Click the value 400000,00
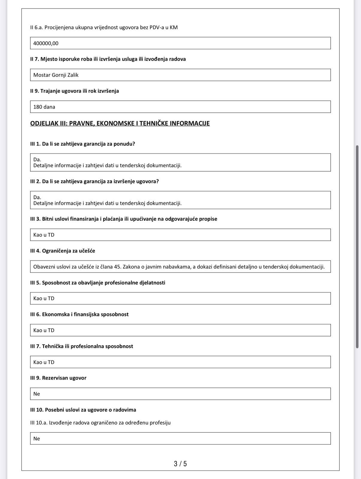46,43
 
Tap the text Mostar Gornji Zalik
56,75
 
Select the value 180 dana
44,107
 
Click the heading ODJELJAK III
120,123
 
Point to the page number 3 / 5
180,464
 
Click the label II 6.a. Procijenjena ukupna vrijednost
104,28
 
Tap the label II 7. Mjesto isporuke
108,59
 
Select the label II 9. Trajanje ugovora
75,91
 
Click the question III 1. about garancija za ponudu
83,144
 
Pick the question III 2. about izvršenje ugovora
94,181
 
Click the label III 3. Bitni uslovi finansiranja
124,219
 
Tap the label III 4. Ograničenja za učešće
63,251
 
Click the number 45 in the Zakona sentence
117,267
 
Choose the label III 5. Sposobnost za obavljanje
98,283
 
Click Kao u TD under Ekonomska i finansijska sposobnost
44,331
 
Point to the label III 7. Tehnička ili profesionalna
81,346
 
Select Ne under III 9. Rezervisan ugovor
37,394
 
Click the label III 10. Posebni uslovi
83,410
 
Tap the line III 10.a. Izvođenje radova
100,423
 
